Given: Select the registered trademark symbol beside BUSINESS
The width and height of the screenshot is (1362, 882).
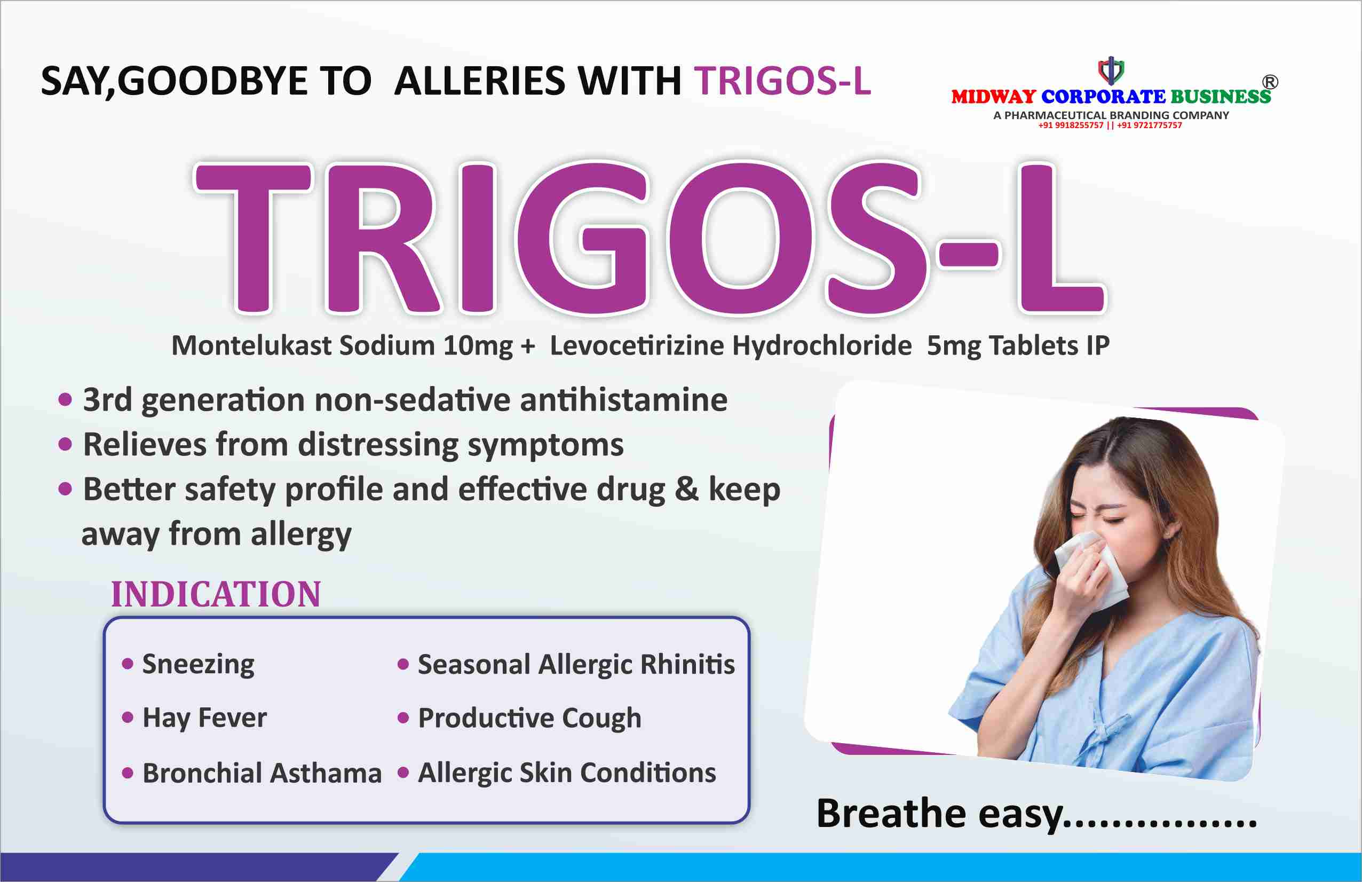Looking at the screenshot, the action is point(1270,82).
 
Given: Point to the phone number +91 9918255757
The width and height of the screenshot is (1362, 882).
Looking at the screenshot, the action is point(1071,125).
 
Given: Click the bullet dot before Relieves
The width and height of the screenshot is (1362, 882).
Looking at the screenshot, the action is point(65,444).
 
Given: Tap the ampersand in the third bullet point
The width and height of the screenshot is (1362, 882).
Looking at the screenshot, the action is point(686,490).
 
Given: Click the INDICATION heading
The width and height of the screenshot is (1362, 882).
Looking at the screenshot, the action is point(216,594).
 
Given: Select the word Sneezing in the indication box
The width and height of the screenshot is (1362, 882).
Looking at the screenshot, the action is point(198,665).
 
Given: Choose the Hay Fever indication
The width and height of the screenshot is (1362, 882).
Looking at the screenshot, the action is point(204,718).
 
